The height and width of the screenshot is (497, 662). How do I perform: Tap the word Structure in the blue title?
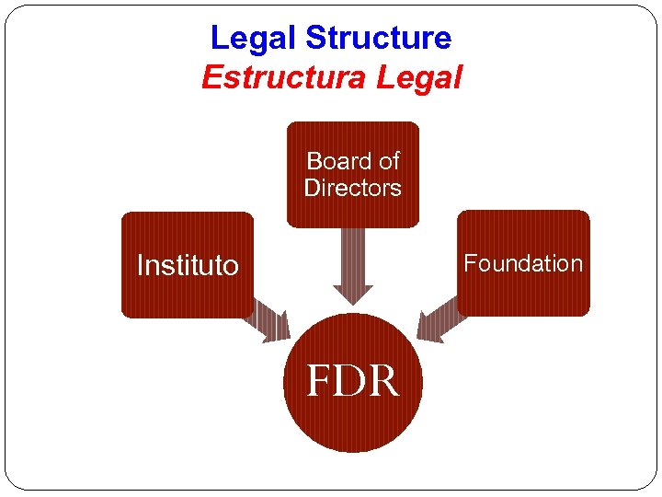tap(378, 39)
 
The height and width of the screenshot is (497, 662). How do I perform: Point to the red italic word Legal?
tap(419, 78)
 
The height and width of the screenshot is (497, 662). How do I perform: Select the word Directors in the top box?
tap(353, 188)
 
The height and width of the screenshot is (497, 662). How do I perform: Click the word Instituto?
tap(187, 266)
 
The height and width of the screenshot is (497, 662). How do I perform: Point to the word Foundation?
tap(523, 263)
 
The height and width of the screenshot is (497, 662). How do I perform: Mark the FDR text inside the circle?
tap(353, 381)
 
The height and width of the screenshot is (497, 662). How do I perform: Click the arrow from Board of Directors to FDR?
tap(353, 267)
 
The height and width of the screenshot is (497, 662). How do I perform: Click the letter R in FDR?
tap(386, 381)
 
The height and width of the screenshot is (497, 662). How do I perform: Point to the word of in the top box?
tap(388, 161)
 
